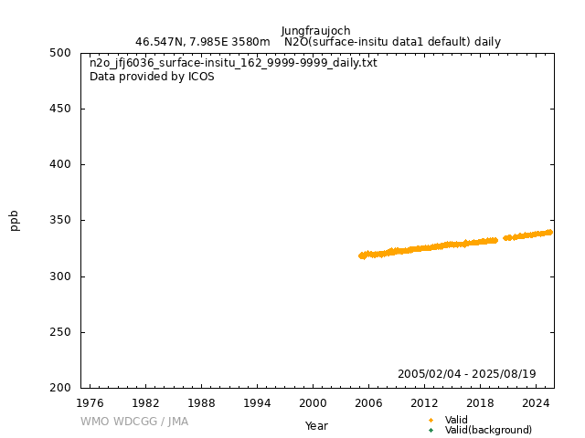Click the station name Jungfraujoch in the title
(x=315, y=31)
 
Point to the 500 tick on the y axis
(x=62, y=53)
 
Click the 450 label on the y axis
(x=62, y=109)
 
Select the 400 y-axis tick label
(x=62, y=164)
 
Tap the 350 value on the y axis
(x=62, y=221)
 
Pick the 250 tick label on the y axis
(x=62, y=332)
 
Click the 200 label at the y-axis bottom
(x=62, y=388)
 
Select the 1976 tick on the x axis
(x=90, y=402)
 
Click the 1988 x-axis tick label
(x=201, y=402)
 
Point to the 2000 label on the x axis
(x=313, y=402)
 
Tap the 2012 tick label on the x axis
(x=424, y=402)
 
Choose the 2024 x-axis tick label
(x=536, y=402)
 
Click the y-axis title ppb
(x=15, y=220)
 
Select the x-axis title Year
(x=316, y=426)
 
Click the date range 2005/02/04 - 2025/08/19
(x=466, y=374)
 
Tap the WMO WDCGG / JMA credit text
(x=133, y=422)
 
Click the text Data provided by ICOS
(x=152, y=77)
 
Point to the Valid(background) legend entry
(x=488, y=430)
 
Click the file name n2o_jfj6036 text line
(x=233, y=63)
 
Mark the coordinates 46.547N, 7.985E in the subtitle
(x=190, y=42)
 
